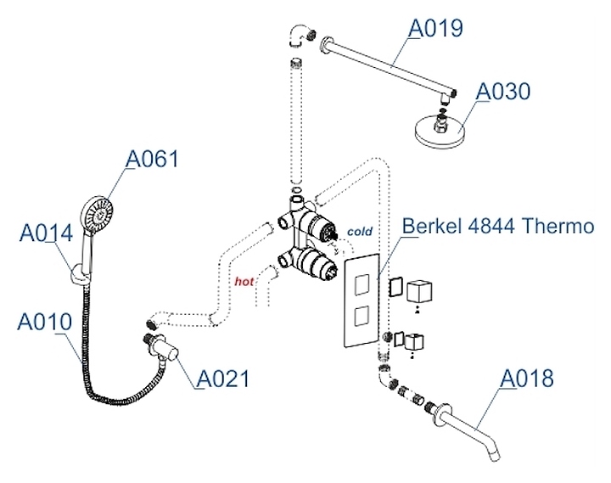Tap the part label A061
pos(153,159)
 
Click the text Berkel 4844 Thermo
pos(496,227)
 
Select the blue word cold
pos(360,230)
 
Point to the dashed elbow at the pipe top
pos(300,36)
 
